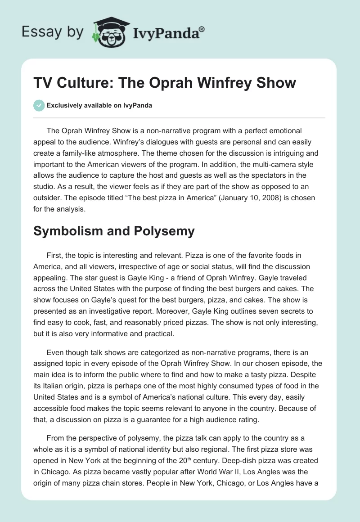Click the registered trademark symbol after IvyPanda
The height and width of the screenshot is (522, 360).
(x=202, y=29)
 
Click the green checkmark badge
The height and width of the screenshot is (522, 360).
(x=39, y=106)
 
